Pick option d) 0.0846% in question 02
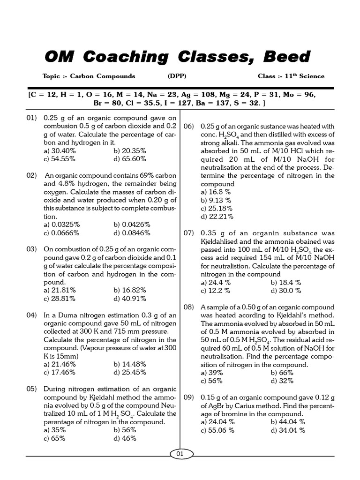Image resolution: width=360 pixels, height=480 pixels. [x=131, y=232]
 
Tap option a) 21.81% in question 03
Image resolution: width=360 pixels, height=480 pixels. [x=60, y=290]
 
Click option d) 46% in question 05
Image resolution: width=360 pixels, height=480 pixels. [x=125, y=438]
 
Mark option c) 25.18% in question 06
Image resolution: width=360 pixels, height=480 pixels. [x=217, y=208]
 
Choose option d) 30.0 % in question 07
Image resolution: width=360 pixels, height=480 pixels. [x=286, y=291]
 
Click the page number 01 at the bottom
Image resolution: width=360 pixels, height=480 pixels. [x=180, y=454]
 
